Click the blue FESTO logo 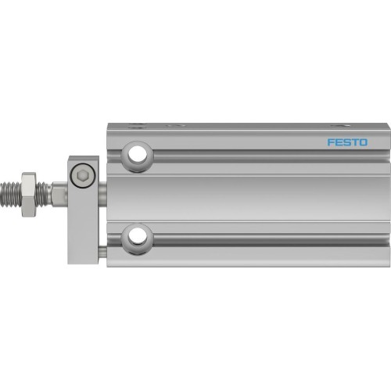click(346, 143)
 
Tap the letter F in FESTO click(329, 143)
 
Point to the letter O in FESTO click(363, 143)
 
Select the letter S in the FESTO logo click(346, 143)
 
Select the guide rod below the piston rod click(102, 250)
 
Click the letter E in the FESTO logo click(337, 143)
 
